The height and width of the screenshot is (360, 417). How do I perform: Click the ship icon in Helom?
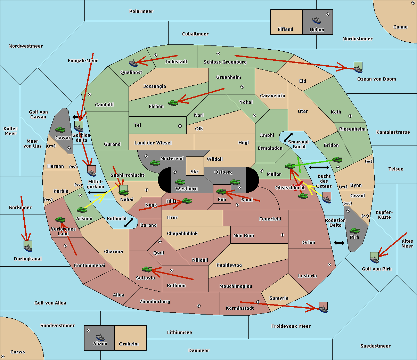pyautogui.click(x=316, y=20)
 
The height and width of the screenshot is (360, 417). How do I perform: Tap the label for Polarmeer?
pyautogui.click(x=141, y=11)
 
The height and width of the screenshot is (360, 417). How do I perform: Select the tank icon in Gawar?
pyautogui.click(x=60, y=129)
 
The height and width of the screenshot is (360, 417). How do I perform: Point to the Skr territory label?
pyautogui.click(x=195, y=171)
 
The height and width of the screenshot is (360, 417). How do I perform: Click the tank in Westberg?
pyautogui.click(x=180, y=182)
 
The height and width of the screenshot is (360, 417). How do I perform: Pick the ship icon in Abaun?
pyautogui.click(x=100, y=337)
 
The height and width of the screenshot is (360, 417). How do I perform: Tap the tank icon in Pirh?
pyautogui.click(x=354, y=231)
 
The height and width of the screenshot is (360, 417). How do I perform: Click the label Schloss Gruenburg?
pyautogui.click(x=225, y=62)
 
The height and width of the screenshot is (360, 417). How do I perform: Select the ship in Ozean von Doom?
pyautogui.click(x=358, y=69)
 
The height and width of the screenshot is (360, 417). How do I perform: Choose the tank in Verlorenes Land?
pyautogui.click(x=60, y=220)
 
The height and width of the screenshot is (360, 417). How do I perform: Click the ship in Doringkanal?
pyautogui.click(x=28, y=248)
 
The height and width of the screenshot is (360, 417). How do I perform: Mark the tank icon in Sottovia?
pyautogui.click(x=147, y=269)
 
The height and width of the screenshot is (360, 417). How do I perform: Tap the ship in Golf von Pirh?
pyautogui.click(x=374, y=259)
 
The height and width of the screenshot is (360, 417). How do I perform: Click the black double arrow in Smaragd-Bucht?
pyautogui.click(x=288, y=137)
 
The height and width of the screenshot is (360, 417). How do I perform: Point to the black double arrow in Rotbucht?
pyautogui.click(x=129, y=223)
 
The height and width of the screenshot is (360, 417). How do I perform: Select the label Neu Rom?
pyautogui.click(x=244, y=236)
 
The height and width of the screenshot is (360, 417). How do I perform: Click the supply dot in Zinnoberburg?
pyautogui.click(x=199, y=306)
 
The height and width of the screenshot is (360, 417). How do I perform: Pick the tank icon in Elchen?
pyautogui.click(x=173, y=103)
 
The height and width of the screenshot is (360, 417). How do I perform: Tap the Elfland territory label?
pyautogui.click(x=285, y=30)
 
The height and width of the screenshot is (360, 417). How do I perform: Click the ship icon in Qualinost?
pyautogui.click(x=133, y=63)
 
